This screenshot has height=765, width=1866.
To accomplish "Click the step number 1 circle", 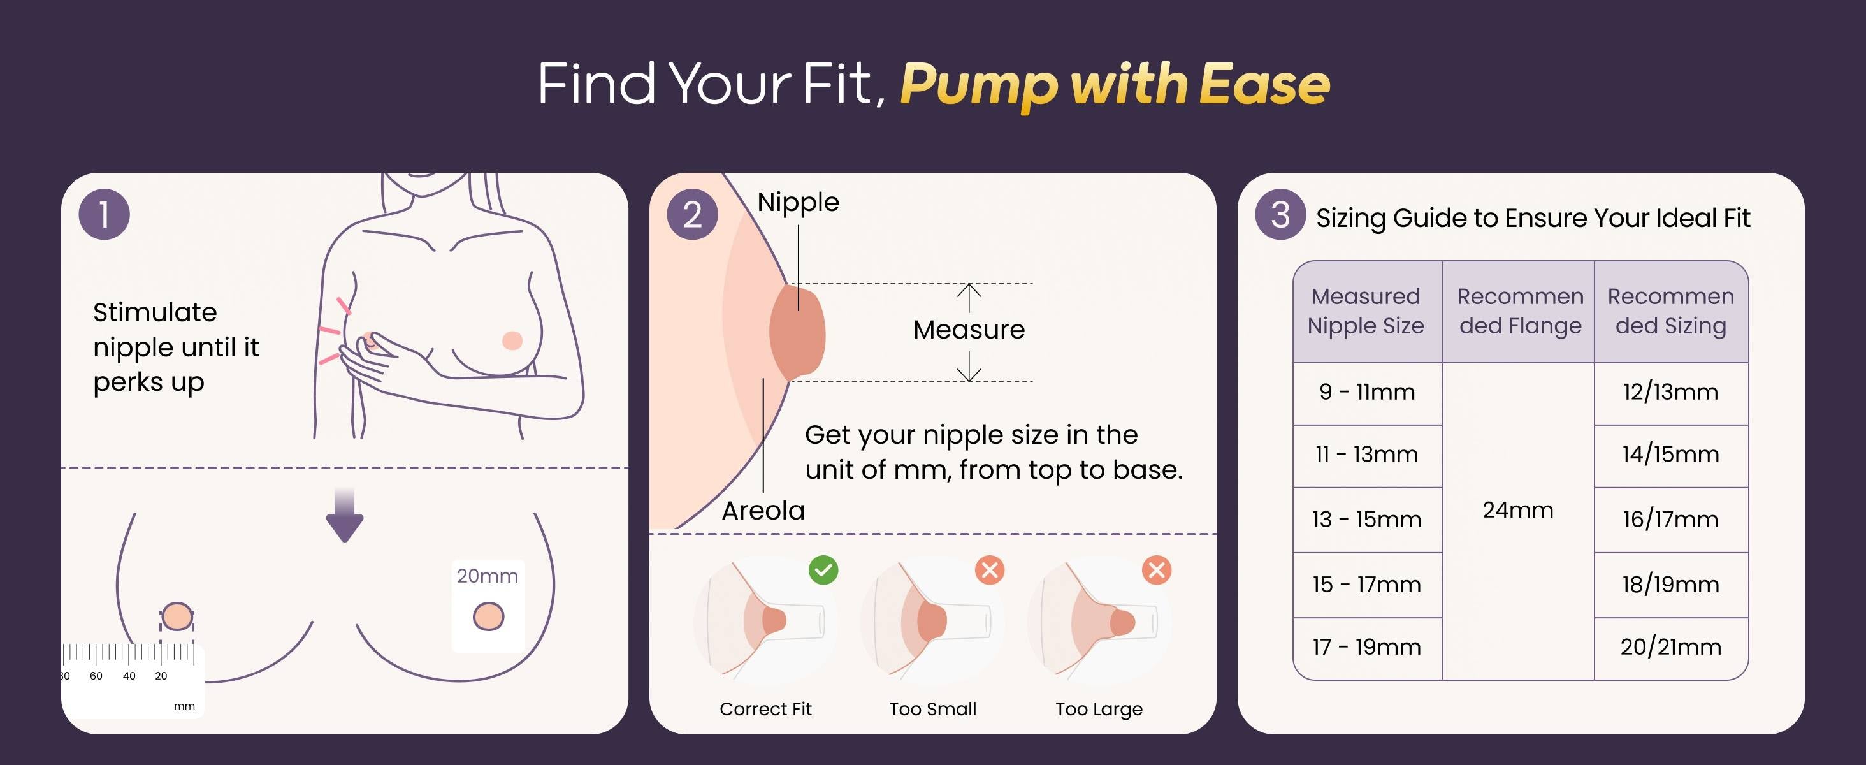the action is (x=105, y=214).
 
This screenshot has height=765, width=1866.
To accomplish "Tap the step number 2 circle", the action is (x=693, y=214).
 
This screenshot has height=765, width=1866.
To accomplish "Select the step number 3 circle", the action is (x=1281, y=214).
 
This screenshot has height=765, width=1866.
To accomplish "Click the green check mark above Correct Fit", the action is (x=823, y=570).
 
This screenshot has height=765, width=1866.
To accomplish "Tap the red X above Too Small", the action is (x=990, y=570).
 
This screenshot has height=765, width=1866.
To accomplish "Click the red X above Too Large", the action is (x=1157, y=570).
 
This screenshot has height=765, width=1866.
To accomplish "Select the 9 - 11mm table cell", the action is (x=1368, y=393).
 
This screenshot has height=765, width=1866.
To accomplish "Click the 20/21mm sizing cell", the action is (x=1671, y=647).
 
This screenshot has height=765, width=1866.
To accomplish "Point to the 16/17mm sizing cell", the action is (x=1671, y=520).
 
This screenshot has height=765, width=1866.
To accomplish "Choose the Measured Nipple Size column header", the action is (x=1368, y=312).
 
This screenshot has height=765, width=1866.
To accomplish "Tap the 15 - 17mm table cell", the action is (x=1368, y=585).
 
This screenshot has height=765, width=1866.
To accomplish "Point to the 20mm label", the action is (x=488, y=576).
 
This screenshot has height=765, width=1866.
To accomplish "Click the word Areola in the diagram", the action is (x=763, y=511).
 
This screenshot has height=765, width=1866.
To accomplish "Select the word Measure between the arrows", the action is (x=969, y=330).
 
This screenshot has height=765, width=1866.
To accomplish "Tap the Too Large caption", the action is (x=1099, y=709).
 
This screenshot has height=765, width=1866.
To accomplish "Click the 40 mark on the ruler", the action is (x=129, y=676).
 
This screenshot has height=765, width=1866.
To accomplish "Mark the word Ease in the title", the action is (x=1265, y=84).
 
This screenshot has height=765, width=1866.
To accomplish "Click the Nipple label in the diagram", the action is (x=799, y=203).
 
